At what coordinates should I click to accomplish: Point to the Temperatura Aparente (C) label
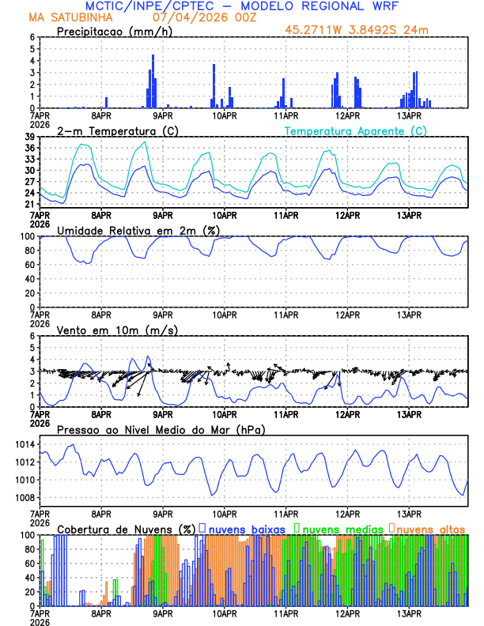point(355,131)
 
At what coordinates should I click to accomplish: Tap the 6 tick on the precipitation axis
point(32,37)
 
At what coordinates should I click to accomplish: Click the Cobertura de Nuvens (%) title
point(126,528)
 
